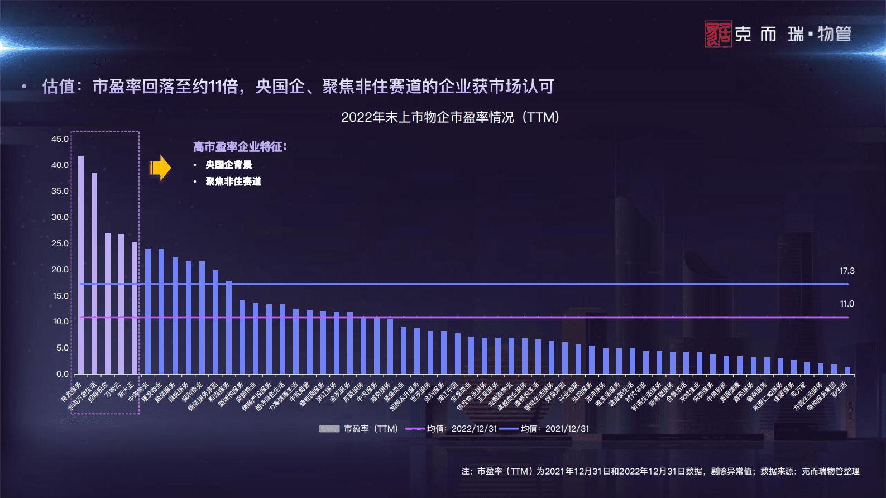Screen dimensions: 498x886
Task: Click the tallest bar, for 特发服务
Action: [81, 265]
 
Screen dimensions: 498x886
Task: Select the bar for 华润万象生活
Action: [94, 274]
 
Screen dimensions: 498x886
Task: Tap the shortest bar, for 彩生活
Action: [847, 371]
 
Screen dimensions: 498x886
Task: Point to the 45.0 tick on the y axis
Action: [60, 139]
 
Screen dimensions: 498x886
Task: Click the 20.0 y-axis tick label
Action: [60, 270]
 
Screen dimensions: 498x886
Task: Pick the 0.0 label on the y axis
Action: [62, 374]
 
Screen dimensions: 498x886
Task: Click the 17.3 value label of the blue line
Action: [846, 271]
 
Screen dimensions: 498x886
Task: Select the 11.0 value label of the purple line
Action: [846, 304]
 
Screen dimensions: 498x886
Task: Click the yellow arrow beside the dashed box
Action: [160, 167]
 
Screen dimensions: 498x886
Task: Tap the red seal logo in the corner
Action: [718, 34]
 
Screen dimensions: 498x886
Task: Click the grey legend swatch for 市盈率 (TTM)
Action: [329, 429]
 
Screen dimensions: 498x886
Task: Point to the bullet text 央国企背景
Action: [228, 165]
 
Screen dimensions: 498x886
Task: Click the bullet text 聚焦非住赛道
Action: [233, 181]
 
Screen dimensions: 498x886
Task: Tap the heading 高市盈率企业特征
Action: [240, 147]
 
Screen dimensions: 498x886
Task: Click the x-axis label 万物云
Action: [113, 389]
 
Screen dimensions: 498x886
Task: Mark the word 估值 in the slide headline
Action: [59, 87]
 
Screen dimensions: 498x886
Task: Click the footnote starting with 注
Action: [660, 471]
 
